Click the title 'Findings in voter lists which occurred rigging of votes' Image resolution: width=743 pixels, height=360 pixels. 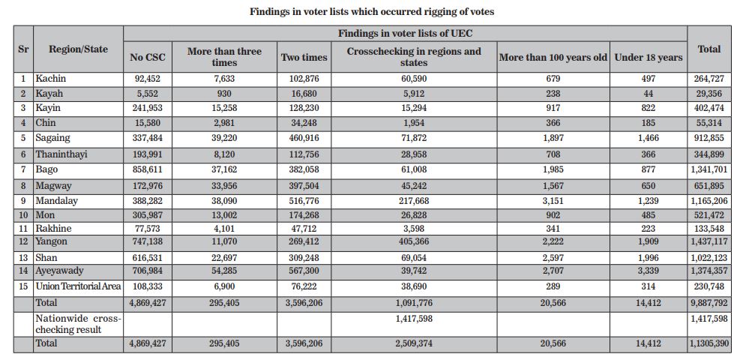371,12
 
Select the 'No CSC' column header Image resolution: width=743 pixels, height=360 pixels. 147,58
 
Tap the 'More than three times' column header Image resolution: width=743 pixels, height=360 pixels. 224,57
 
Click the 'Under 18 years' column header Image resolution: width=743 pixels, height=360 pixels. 648,58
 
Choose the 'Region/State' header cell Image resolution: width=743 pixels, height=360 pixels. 78,49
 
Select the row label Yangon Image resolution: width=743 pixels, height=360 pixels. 52,241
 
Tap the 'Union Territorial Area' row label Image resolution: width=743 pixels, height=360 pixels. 79,286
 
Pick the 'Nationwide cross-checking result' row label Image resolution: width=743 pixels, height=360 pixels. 78,323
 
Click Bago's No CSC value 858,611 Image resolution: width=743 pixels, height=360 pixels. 147,170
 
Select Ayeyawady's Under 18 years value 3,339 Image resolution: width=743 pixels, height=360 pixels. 648,270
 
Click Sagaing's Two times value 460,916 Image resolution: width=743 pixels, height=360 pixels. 304,139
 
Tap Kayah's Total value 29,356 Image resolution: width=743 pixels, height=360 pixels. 709,94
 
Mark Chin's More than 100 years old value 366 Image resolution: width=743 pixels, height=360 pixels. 553,123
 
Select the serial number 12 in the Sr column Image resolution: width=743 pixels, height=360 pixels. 23,241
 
